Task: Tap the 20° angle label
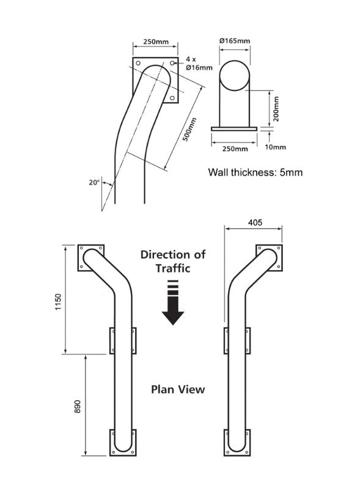pyautogui.click(x=94, y=182)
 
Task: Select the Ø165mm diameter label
pyautogui.click(x=234, y=41)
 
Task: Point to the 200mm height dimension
pyautogui.click(x=276, y=109)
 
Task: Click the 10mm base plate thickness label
pyautogui.click(x=276, y=147)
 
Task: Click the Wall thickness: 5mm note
pyautogui.click(x=255, y=172)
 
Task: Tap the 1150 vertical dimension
pyautogui.click(x=59, y=302)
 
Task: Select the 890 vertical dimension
pyautogui.click(x=77, y=408)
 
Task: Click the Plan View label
pyautogui.click(x=178, y=389)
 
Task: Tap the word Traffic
pyautogui.click(x=172, y=268)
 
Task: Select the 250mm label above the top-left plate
pyautogui.click(x=156, y=42)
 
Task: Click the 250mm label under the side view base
pyautogui.click(x=234, y=148)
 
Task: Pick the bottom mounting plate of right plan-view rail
pyautogui.click(x=237, y=442)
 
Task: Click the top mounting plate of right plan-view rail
pyautogui.click(x=269, y=257)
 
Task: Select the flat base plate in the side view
pyautogui.click(x=234, y=128)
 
